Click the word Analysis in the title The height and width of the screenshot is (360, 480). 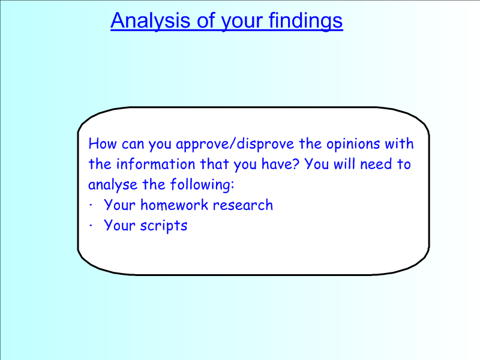[151, 21]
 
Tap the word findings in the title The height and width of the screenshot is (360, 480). [306, 21]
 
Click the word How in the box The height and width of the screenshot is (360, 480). [102, 143]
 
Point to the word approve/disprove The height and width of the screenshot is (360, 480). [235, 144]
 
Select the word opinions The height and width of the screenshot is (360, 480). [353, 144]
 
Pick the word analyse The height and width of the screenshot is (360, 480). [113, 185]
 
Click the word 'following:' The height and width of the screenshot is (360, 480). [202, 185]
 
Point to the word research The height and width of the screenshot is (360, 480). [243, 205]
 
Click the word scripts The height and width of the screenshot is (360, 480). [164, 226]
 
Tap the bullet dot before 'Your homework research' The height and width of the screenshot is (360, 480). [91, 205]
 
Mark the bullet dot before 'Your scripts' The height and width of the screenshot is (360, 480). [91, 226]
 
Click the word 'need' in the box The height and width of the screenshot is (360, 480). [376, 164]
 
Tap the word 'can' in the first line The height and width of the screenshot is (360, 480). [133, 144]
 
